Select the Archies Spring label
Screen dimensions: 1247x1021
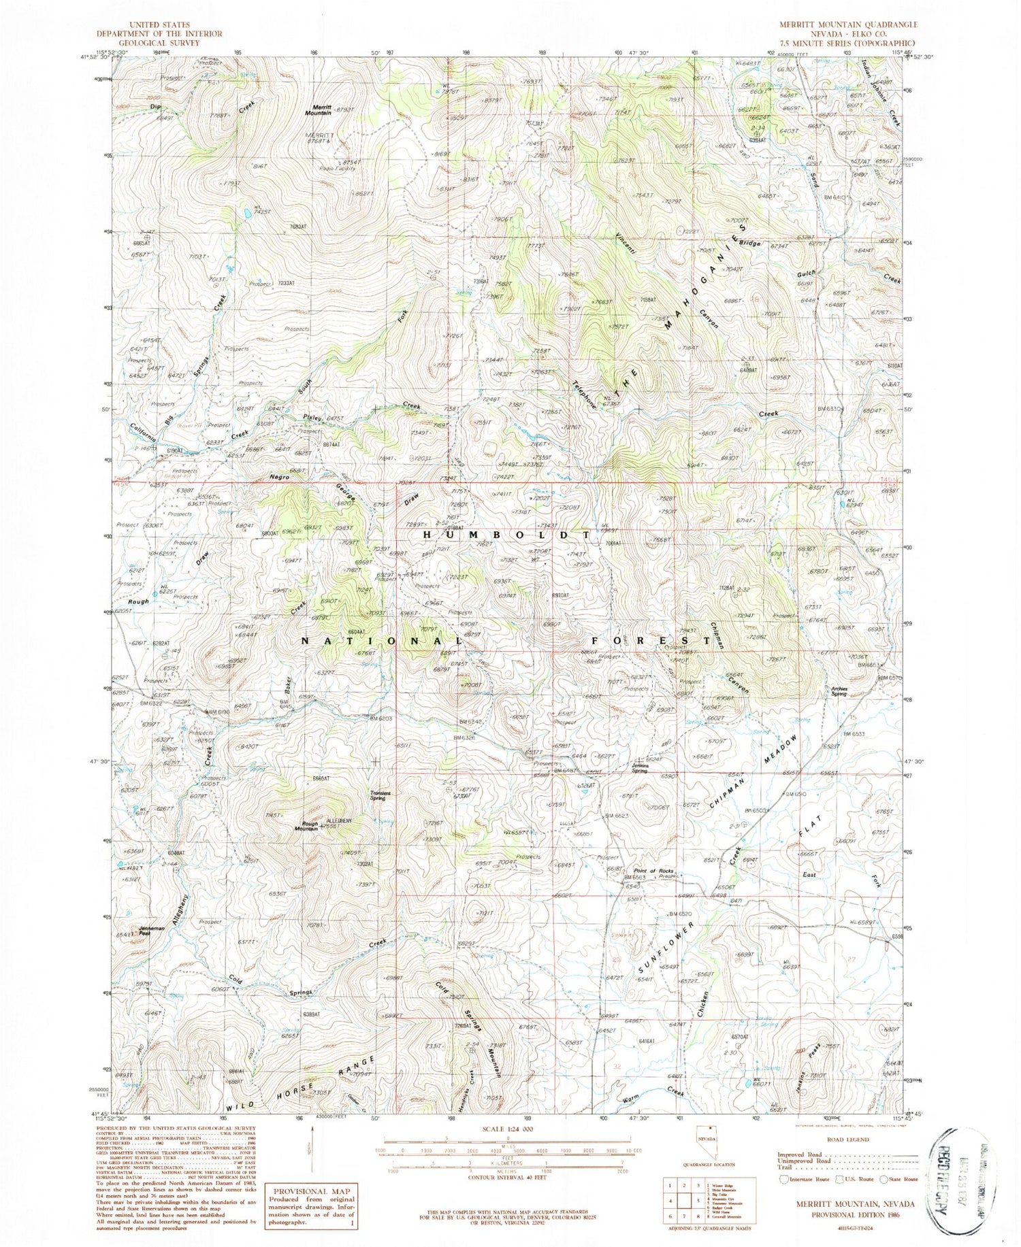click(838, 691)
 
